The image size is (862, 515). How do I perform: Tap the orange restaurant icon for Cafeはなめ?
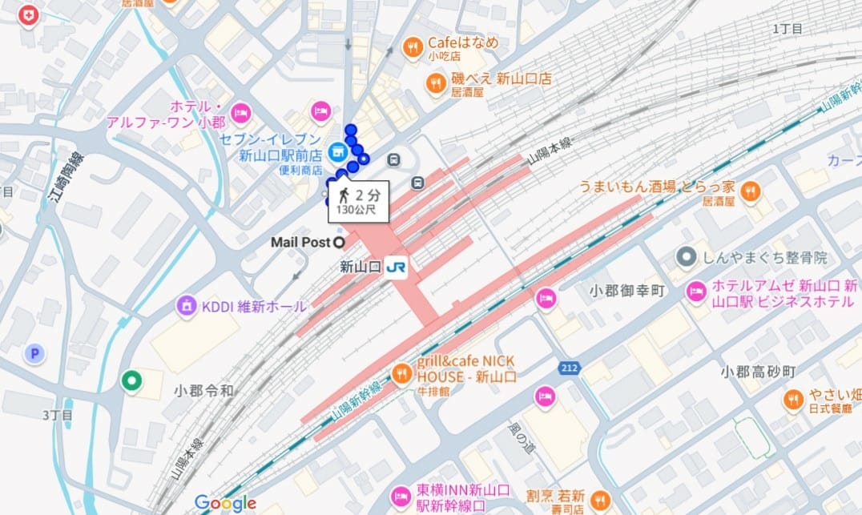coord(413,48)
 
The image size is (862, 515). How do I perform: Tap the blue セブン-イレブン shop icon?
coord(337,150)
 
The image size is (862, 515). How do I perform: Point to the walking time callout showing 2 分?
coord(357,199)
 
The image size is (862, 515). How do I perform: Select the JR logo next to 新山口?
coord(396,268)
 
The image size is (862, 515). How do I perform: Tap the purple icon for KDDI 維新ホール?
coord(187,306)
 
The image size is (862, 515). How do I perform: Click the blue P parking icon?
coord(34,353)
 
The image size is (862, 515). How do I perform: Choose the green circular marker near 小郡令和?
coord(131,381)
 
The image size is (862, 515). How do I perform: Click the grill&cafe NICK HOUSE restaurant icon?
coord(402,372)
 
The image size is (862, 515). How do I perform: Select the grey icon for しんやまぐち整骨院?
coord(686,258)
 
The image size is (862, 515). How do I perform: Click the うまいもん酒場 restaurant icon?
coord(750,191)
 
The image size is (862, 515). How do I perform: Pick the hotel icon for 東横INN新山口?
coord(400,497)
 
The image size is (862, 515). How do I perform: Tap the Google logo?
coord(225,503)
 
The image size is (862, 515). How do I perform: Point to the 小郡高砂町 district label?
coord(757,372)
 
